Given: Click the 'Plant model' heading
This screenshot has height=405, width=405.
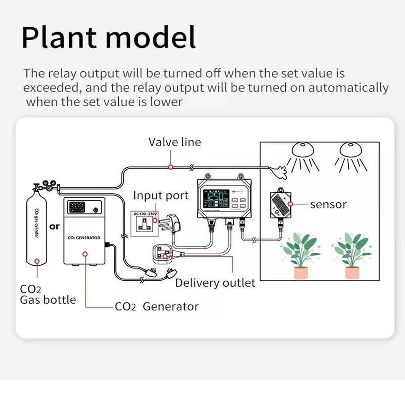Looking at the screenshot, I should click(x=109, y=37).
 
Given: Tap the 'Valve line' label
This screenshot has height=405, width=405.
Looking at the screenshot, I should click(x=175, y=142).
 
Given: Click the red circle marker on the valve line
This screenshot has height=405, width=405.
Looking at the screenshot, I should click(x=171, y=166).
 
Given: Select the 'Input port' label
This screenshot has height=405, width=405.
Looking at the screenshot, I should click(x=161, y=196).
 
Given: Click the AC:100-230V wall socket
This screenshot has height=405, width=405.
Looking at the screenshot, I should click(x=145, y=224).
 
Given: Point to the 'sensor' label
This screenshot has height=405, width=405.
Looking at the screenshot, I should click(x=328, y=205).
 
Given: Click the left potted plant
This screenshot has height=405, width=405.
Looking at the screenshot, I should click(x=300, y=255).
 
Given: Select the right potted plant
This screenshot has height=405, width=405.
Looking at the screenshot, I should click(x=352, y=255).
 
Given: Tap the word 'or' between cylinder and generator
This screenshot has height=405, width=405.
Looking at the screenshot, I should click(x=55, y=226).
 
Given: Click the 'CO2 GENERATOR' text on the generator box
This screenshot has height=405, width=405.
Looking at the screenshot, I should click(x=84, y=238).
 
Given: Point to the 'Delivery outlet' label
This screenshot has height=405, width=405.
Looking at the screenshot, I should click(x=215, y=283).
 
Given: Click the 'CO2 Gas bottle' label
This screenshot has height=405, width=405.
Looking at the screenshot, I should click(x=47, y=295).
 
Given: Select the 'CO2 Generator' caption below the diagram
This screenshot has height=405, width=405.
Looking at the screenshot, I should click(x=157, y=307).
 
